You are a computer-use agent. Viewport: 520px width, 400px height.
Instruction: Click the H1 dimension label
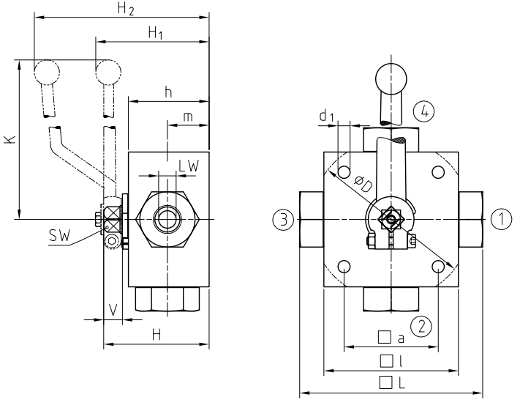click(156, 33)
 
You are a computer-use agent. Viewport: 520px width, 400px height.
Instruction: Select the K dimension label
click(8, 138)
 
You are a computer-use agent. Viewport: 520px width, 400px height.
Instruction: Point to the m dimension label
click(188, 117)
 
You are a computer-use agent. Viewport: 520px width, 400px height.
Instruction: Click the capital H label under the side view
click(155, 335)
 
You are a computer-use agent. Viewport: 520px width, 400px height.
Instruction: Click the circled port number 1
click(500, 218)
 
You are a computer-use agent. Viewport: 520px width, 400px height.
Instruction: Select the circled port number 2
click(419, 324)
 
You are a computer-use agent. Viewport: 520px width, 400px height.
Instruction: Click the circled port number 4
click(423, 112)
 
